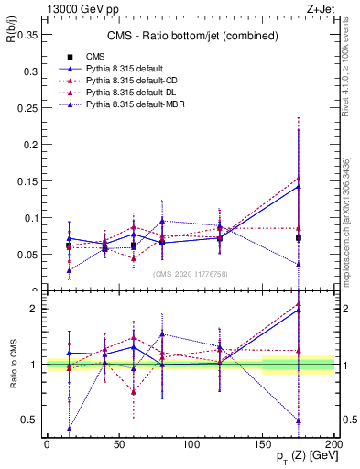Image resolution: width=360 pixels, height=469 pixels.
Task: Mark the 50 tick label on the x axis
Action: pyautogui.click(x=118, y=444)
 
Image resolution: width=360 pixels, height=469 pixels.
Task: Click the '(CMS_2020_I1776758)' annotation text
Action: pyautogui.click(x=190, y=273)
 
